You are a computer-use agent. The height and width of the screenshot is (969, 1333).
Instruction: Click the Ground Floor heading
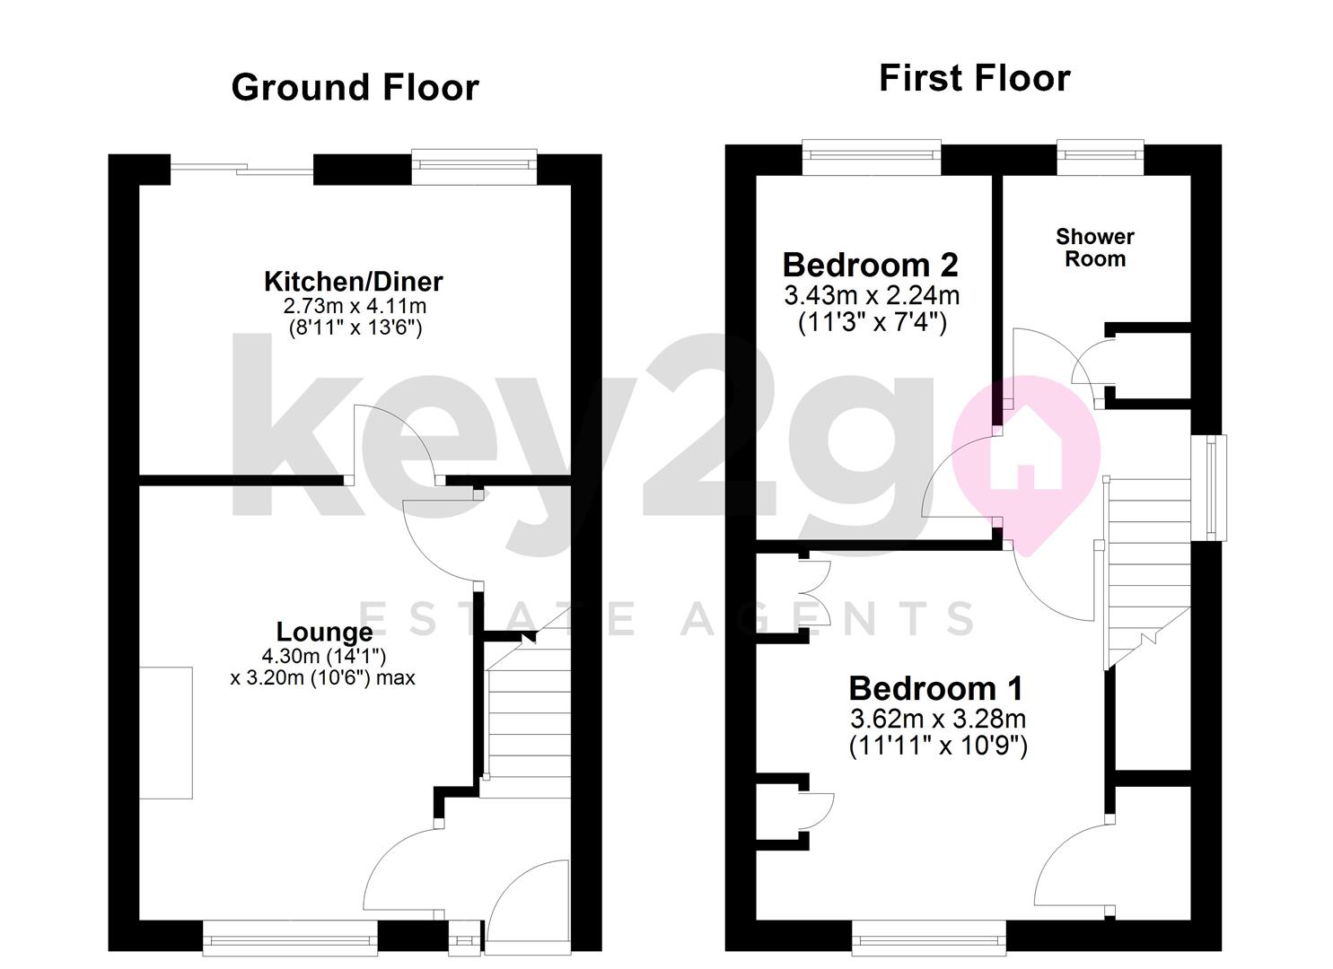355,88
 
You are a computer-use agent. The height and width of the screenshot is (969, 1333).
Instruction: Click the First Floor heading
974,78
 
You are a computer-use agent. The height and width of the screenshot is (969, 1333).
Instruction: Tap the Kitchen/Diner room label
353,282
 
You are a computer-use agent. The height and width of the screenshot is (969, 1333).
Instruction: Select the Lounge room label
323,633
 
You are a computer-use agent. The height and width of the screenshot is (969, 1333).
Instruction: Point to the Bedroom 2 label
870,265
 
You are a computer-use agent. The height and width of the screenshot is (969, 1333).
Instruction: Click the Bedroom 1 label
935,689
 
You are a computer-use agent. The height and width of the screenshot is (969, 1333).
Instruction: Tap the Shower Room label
1094,248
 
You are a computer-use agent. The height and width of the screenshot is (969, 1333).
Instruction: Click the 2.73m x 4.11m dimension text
355,307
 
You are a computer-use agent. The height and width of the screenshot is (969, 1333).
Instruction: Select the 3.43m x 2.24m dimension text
872,294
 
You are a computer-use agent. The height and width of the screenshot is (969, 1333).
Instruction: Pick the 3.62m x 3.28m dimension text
937,719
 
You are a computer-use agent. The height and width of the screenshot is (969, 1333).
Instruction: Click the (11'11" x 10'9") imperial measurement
938,746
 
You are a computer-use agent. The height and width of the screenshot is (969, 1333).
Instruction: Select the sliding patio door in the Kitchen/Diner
241,169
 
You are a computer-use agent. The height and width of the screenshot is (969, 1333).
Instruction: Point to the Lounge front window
290,939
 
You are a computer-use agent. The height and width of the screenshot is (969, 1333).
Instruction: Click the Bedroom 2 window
871,158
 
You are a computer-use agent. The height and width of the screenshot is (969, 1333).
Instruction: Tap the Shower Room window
1100,158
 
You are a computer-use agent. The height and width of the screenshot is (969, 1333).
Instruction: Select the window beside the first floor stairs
1215,488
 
